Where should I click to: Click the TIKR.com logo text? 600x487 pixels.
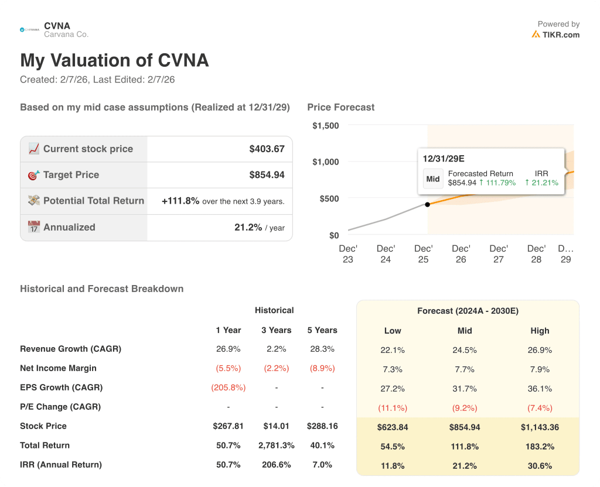click(x=560, y=35)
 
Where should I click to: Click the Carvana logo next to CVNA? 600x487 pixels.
click(x=30, y=29)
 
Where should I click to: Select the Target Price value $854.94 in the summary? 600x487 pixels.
click(x=267, y=175)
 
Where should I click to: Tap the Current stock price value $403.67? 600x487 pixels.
click(x=267, y=149)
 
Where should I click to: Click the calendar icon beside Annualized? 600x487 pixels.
click(x=34, y=227)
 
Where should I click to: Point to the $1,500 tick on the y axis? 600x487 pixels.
click(x=325, y=126)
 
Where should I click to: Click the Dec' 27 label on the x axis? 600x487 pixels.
click(x=499, y=254)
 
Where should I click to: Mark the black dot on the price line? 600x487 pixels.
click(x=427, y=204)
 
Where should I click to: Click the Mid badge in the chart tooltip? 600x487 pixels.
click(x=433, y=179)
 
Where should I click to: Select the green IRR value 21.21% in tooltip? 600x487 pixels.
click(x=542, y=183)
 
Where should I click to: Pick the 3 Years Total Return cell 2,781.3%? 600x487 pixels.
click(x=276, y=445)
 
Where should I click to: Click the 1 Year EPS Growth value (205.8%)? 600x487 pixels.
click(x=228, y=387)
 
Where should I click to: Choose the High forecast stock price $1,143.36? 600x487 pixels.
click(x=540, y=427)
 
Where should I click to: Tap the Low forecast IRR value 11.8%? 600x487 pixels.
click(x=393, y=466)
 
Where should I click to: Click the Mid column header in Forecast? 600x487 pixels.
click(x=465, y=331)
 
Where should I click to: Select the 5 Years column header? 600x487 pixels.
click(x=322, y=330)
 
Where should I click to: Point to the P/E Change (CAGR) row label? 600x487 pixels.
click(x=60, y=407)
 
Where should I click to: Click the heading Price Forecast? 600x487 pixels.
click(x=340, y=107)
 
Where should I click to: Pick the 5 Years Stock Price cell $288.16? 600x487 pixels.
click(x=322, y=426)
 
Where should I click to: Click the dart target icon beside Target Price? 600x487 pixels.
click(x=34, y=175)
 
